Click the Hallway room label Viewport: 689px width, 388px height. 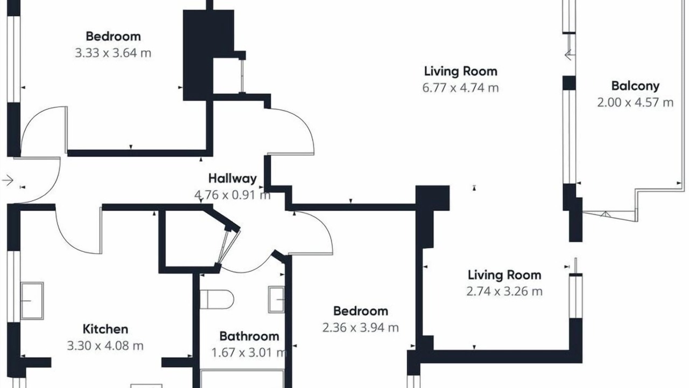click(233, 178)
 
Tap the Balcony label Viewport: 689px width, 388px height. click(636, 86)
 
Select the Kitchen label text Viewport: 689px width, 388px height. click(106, 329)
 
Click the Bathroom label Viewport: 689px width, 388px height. click(249, 336)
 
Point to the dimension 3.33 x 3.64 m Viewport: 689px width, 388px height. click(113, 53)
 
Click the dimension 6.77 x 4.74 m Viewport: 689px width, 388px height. click(460, 88)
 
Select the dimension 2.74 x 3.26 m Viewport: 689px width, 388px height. click(504, 292)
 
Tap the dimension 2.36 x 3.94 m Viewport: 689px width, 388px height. click(361, 327)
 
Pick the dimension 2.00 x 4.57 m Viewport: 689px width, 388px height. click(636, 102)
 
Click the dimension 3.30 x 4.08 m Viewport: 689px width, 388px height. click(106, 346)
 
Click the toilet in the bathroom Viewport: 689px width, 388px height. click(217, 299)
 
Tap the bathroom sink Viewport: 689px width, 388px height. click(276, 300)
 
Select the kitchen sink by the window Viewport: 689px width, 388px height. click(32, 301)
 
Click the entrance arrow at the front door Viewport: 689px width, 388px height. click(8, 180)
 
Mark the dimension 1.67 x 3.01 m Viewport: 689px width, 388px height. click(249, 352)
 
